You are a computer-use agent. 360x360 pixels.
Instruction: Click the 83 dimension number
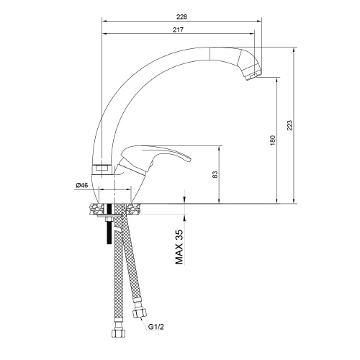click(x=215, y=174)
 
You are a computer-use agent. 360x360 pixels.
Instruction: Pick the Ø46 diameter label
click(x=81, y=186)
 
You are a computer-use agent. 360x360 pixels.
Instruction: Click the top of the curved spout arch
click(x=166, y=54)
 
